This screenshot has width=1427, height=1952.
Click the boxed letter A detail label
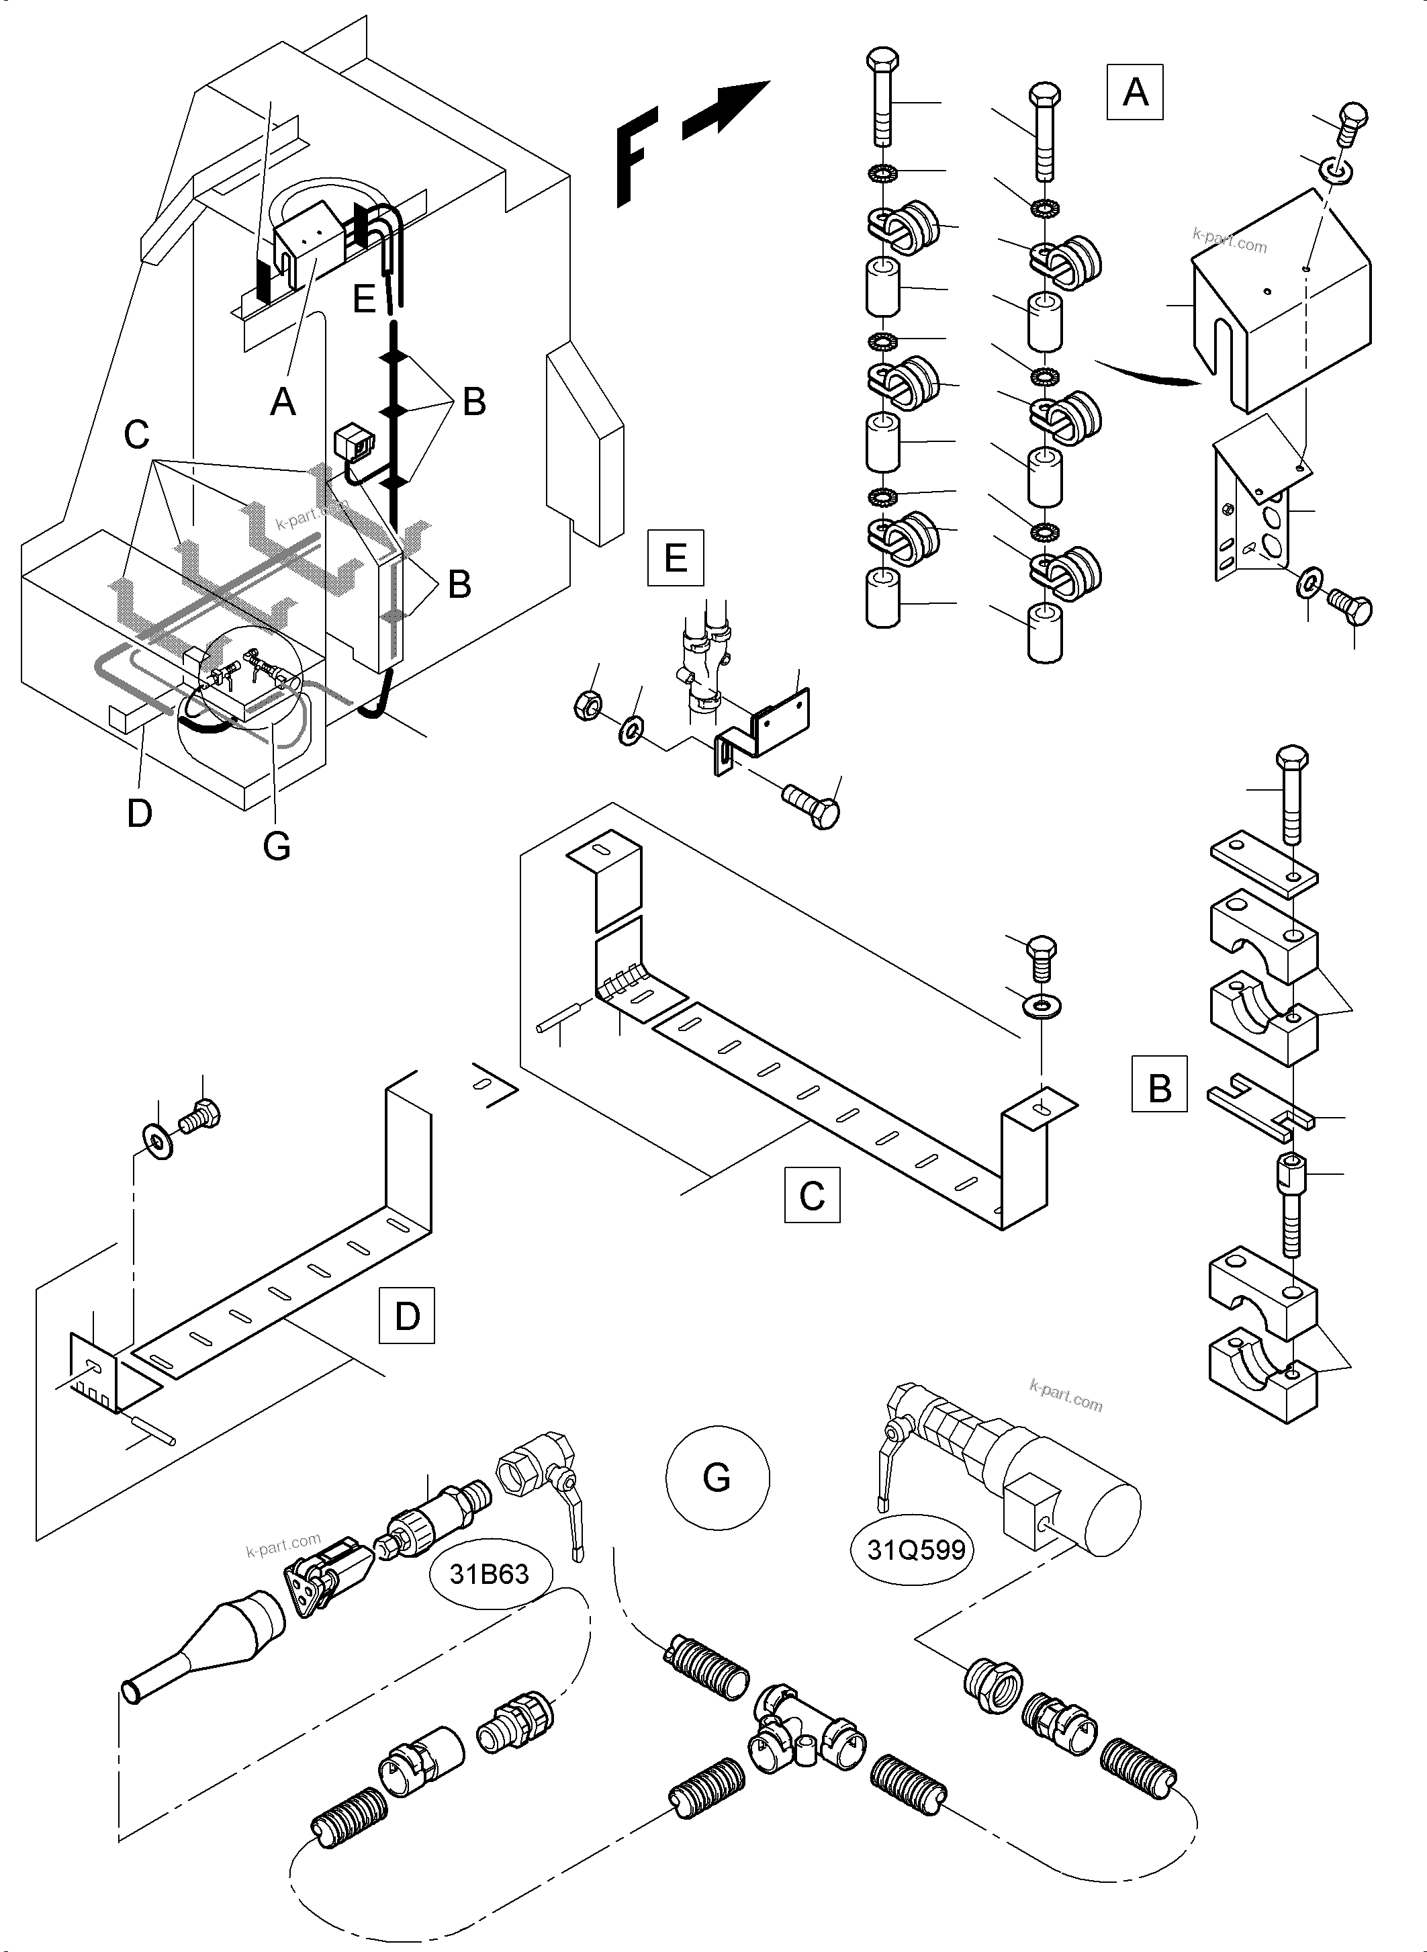click(1134, 91)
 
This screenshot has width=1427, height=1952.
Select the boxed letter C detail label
click(812, 1195)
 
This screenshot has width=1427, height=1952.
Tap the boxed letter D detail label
click(407, 1316)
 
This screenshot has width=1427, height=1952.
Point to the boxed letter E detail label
click(676, 558)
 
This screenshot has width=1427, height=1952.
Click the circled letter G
click(717, 1478)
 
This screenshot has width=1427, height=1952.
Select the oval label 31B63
click(489, 1574)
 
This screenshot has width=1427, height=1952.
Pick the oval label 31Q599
click(915, 1550)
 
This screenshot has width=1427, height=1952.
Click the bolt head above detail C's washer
click(1042, 950)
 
